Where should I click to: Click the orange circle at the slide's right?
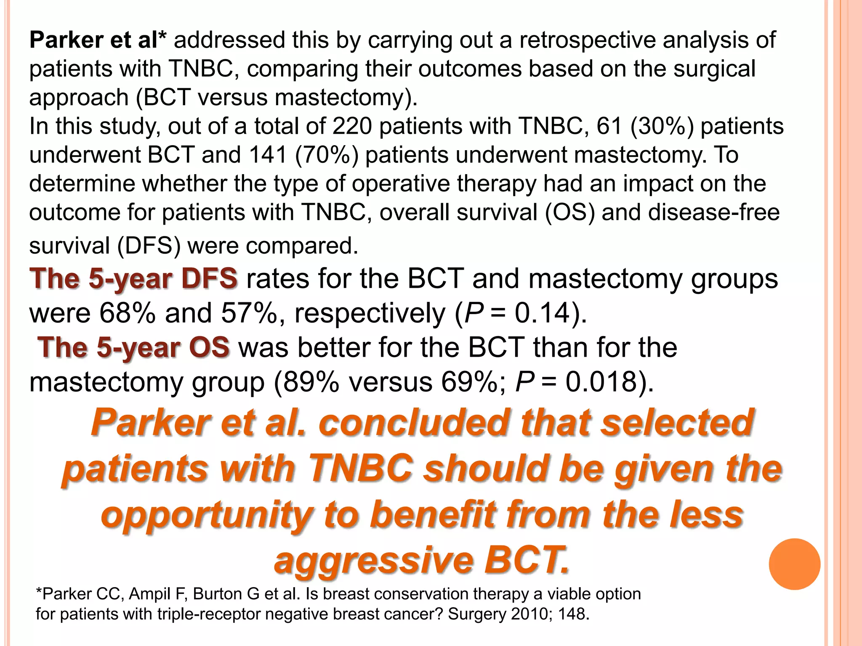point(794,564)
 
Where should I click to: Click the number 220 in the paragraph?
point(352,126)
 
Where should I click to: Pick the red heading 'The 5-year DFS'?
point(133,278)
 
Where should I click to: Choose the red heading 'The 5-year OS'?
point(133,347)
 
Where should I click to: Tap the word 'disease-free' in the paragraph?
point(714,212)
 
